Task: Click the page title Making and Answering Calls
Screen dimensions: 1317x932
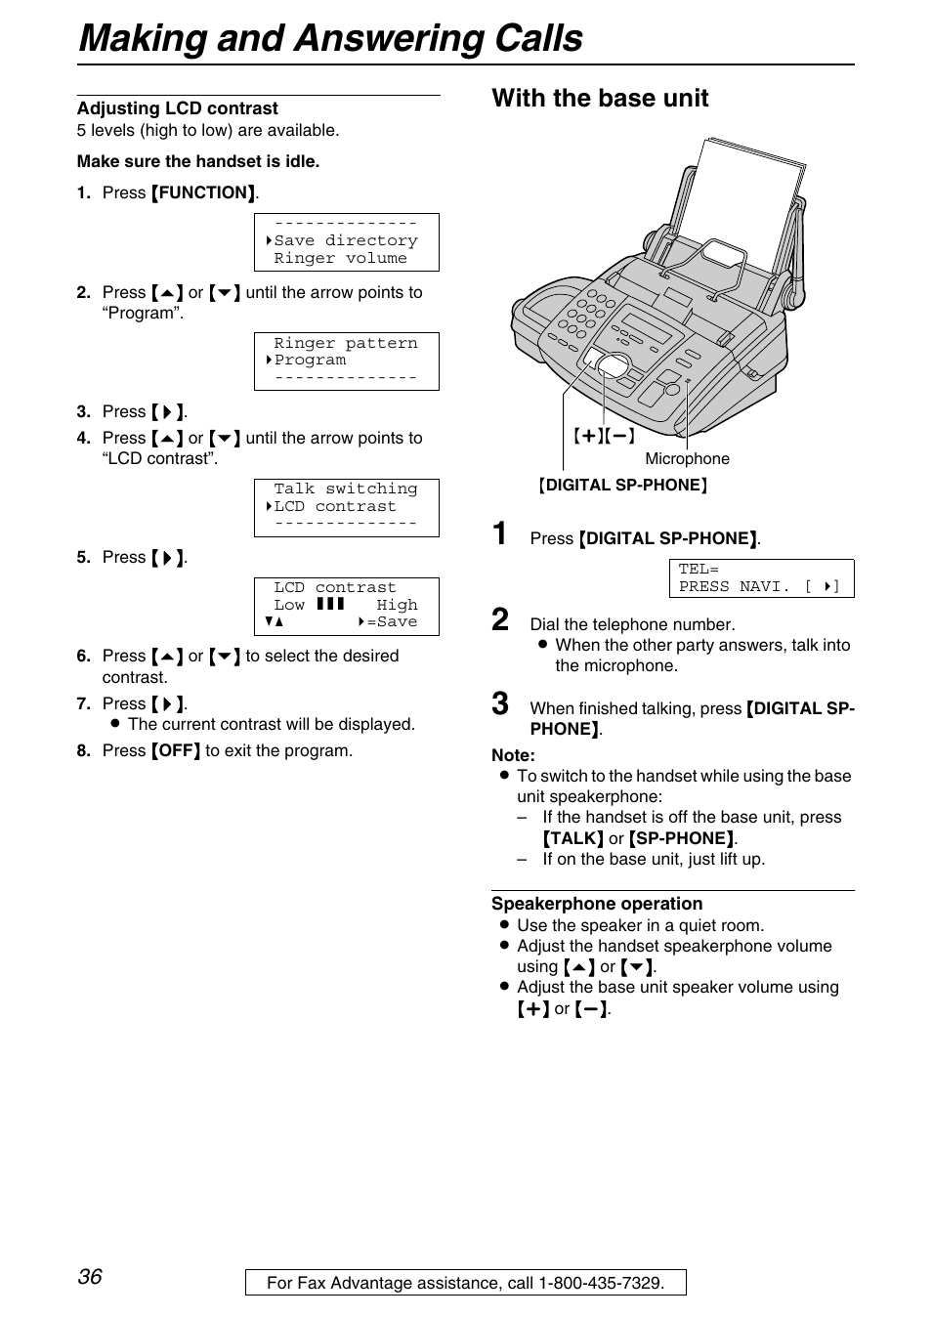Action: coord(330,38)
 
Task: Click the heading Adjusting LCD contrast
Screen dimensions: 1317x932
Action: coord(177,108)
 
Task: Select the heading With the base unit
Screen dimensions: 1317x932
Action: coord(600,98)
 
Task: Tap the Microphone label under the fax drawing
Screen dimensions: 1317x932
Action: coord(687,458)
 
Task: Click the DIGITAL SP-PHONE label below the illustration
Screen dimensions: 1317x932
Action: coord(622,485)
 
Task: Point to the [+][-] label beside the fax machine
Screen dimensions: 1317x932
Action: coord(604,436)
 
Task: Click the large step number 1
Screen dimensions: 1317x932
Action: coord(500,533)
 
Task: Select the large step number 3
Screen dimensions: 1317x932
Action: coord(500,703)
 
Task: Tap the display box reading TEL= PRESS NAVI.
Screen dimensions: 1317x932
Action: coord(760,577)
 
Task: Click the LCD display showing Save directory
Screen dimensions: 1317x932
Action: coord(346,241)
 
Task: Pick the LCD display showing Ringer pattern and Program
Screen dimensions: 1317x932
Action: coord(346,361)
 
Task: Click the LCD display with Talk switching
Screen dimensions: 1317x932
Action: coord(346,507)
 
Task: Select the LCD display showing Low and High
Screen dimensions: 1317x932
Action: coord(346,606)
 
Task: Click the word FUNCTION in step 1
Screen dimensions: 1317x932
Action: coord(204,192)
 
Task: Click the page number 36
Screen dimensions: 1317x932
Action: coord(90,1276)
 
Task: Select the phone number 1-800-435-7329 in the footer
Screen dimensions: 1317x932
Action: coord(599,1283)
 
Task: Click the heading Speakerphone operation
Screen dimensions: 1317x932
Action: coord(597,904)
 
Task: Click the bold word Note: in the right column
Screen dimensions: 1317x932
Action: coord(513,755)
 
